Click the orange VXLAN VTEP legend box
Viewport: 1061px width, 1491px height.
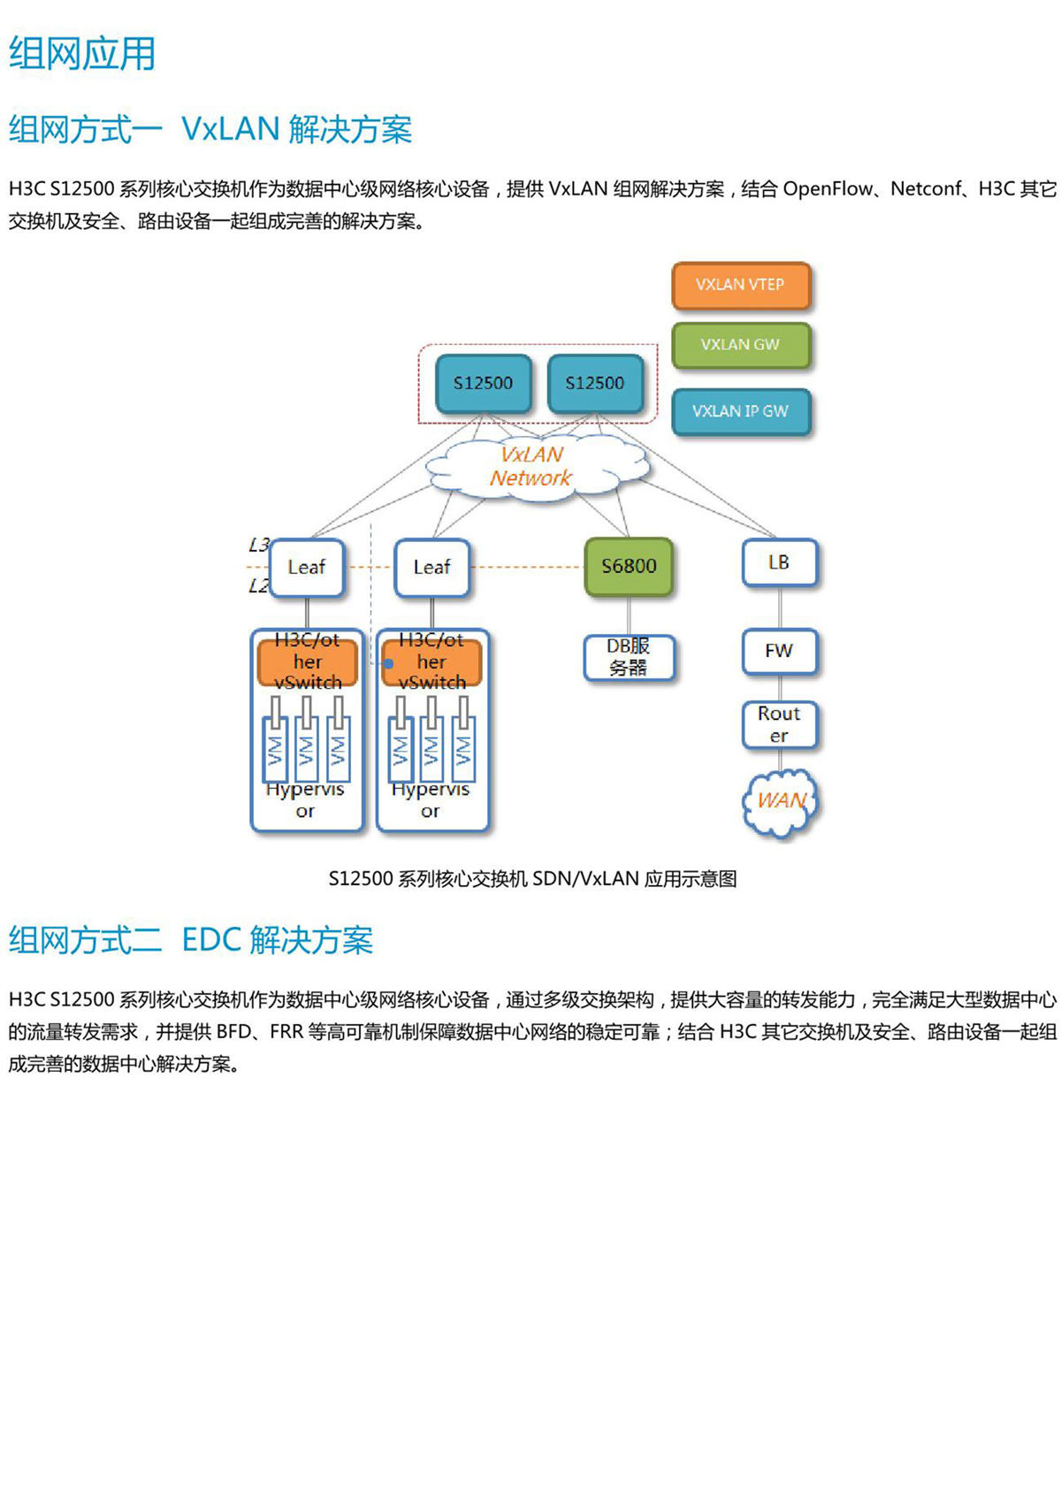pos(741,285)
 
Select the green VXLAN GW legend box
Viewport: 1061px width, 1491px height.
pos(741,345)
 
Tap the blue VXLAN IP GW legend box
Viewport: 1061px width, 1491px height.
pos(741,411)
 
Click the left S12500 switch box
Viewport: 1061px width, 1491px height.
pos(483,383)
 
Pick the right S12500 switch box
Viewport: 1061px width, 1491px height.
pos(595,383)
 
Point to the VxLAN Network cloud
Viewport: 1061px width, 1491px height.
pos(532,466)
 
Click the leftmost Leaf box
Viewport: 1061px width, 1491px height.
pos(306,567)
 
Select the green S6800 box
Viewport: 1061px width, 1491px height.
pos(629,566)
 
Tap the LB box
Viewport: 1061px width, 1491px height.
pos(779,562)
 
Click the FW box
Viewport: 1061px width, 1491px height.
pos(779,651)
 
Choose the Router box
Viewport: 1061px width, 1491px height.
pos(779,724)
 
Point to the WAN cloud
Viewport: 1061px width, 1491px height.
pos(781,801)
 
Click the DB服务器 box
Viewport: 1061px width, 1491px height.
pos(629,657)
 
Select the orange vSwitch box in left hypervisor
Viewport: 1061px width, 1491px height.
pos(308,662)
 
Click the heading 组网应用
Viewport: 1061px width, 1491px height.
pos(82,54)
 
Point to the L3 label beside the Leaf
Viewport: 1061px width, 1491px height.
pos(258,545)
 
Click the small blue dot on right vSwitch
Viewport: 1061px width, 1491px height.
pos(388,663)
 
